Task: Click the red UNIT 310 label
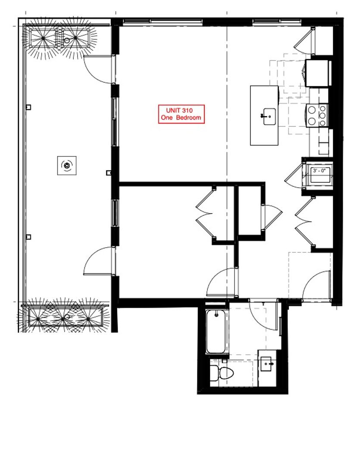[181, 111]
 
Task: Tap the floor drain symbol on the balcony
[66, 165]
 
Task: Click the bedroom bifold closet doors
[205, 214]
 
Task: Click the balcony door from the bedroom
[98, 261]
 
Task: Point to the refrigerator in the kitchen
[318, 72]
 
